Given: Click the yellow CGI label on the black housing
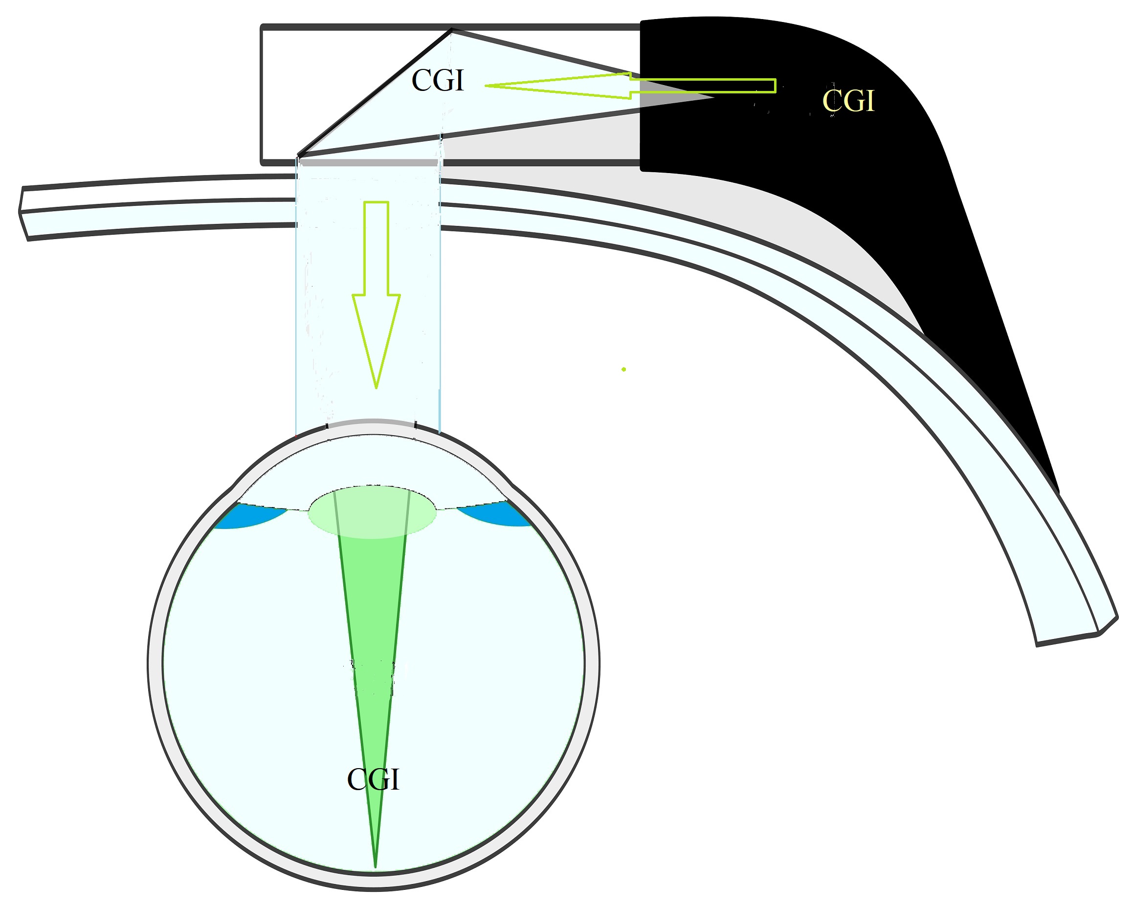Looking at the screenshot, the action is point(848,100).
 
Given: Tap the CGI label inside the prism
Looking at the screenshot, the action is point(438,80).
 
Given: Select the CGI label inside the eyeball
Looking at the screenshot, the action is point(373,779).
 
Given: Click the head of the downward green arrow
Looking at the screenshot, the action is point(376,341).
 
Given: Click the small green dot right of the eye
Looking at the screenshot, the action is point(624,370).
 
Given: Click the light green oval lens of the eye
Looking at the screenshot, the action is point(372,512).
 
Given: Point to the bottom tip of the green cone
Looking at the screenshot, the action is point(375,867).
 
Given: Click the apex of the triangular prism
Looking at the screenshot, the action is point(451,29).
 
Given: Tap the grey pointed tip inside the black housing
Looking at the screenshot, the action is point(713,97).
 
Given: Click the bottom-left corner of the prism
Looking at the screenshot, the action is point(298,155).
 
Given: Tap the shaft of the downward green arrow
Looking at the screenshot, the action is point(376,248).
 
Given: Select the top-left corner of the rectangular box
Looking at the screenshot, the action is point(262,26).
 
